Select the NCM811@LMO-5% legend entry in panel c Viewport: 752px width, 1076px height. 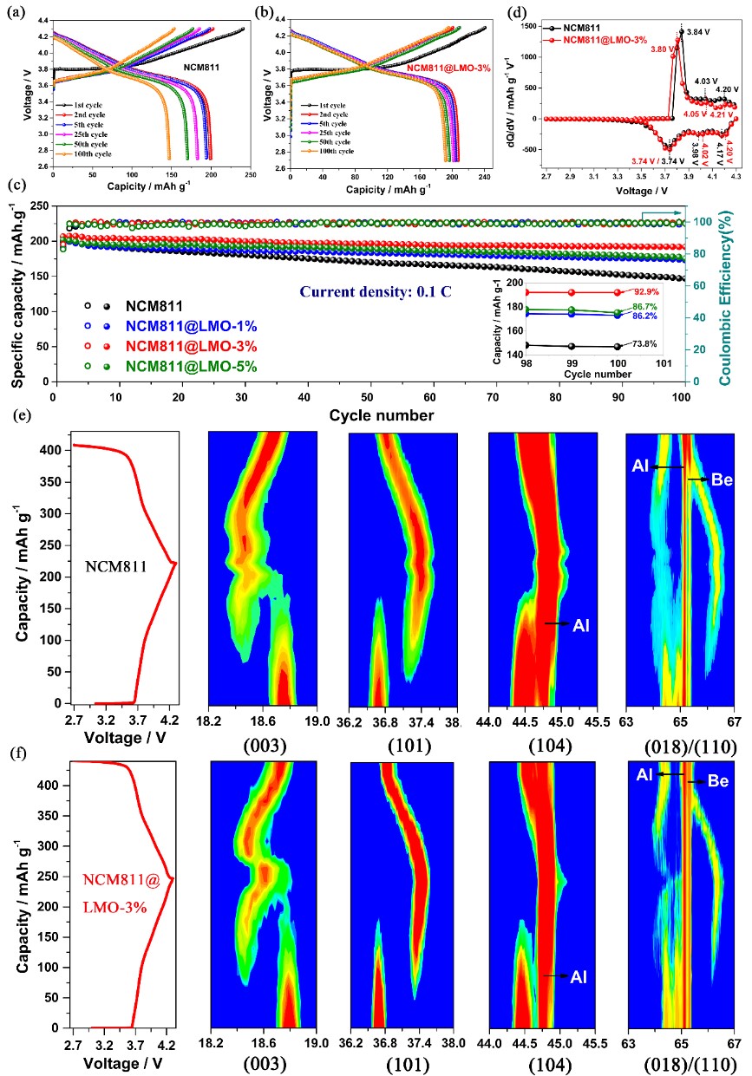point(190,367)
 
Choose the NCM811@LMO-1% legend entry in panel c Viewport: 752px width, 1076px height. point(190,326)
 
